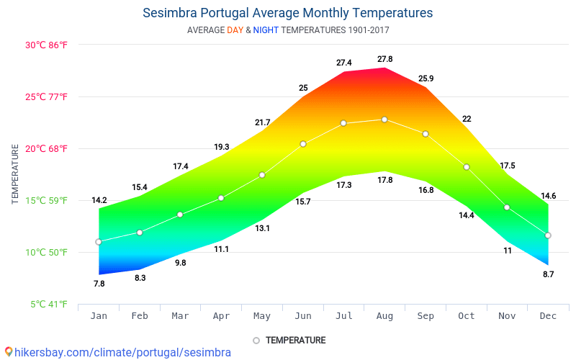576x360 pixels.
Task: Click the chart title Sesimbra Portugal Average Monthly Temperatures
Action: click(288, 13)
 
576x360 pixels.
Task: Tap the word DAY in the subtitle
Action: click(235, 30)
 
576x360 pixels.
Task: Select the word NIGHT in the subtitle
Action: click(266, 30)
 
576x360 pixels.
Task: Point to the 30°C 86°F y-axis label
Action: click(47, 45)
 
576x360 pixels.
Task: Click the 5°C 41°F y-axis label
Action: click(49, 305)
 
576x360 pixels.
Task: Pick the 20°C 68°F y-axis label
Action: click(47, 149)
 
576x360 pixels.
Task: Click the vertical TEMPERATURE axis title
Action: click(15, 174)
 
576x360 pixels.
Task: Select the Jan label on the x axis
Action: click(99, 316)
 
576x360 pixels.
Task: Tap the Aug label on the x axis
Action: click(384, 316)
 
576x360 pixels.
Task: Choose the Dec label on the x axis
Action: click(548, 316)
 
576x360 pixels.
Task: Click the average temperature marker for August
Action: click(384, 120)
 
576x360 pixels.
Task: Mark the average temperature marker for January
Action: click(99, 242)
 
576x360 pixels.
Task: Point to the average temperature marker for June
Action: click(303, 144)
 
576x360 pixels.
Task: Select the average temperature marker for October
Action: click(467, 167)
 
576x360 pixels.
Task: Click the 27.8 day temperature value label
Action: click(385, 59)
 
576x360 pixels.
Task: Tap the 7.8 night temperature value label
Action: click(99, 284)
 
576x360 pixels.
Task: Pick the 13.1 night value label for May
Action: click(262, 228)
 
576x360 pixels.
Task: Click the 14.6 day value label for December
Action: click(548, 196)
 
